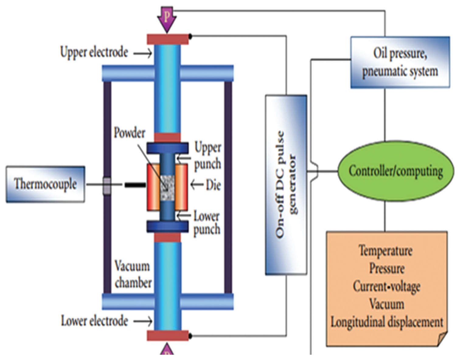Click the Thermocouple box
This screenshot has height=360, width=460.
pos(45,184)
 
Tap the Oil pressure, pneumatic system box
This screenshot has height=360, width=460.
pos(400,62)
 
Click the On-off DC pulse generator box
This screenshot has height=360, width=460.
pos(286,185)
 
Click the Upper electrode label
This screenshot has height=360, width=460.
pos(94,52)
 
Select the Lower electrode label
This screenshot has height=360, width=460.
pos(94,321)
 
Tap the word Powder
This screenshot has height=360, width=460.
pos(129,133)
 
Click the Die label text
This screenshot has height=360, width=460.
pos(213,185)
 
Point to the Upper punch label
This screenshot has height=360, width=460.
pos(208,156)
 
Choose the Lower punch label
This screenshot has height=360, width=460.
pos(207,223)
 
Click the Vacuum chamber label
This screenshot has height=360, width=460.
pos(133,275)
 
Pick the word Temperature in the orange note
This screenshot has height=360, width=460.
pos(385,251)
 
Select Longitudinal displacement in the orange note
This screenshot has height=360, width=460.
pos(386,322)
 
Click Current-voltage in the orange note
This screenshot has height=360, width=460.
pos(386,286)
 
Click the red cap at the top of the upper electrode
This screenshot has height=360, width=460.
pos(168,39)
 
